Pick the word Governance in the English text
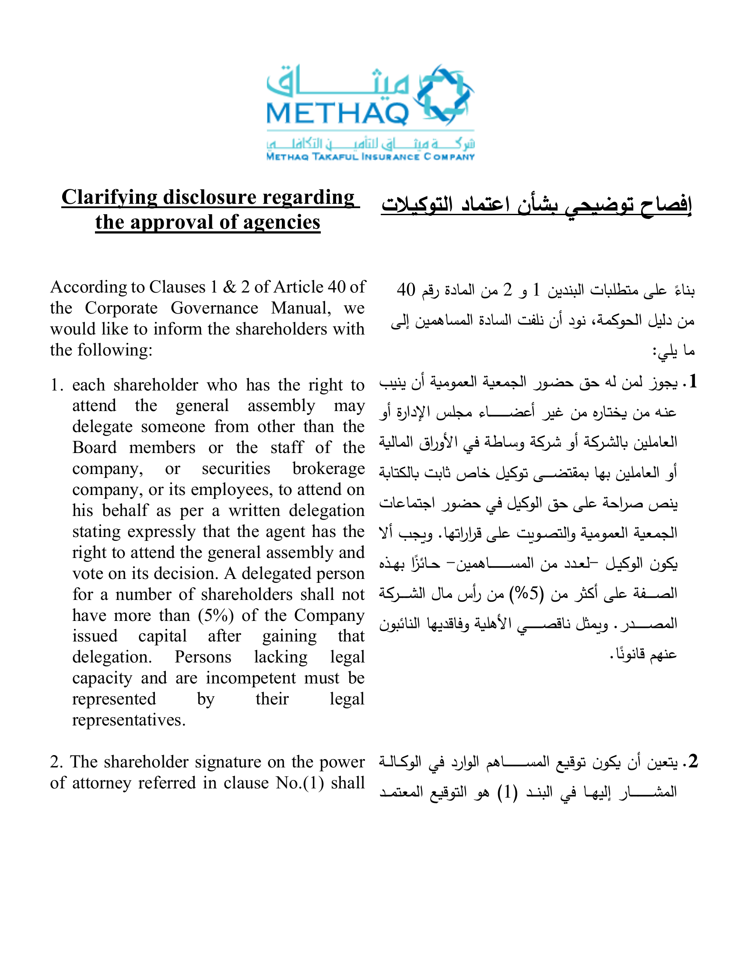(214, 308)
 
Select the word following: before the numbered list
(115, 351)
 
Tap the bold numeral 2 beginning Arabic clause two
(693, 761)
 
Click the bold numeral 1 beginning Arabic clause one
(693, 381)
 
